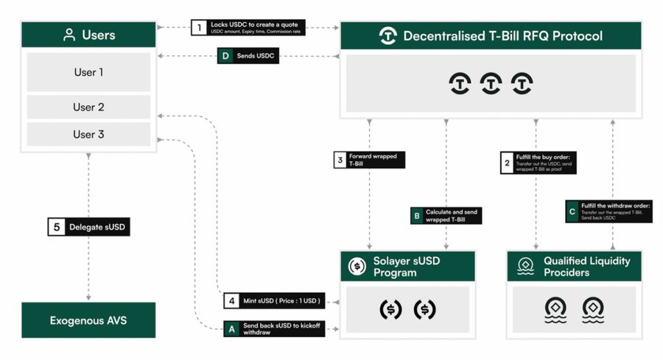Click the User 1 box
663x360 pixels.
(88, 72)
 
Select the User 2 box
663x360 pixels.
(88, 107)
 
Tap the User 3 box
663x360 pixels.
(88, 134)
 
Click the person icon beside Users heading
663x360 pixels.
(69, 35)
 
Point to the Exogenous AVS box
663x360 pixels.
(88, 320)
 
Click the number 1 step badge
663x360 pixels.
(198, 28)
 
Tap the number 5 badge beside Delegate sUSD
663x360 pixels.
(56, 227)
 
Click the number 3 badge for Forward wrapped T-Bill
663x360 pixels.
(340, 160)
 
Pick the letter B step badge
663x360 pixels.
(416, 216)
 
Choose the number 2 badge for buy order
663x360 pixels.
(506, 162)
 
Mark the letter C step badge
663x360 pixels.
(572, 211)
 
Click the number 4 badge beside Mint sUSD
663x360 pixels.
(231, 300)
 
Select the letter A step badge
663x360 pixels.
(231, 329)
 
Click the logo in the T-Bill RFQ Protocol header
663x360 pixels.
(387, 35)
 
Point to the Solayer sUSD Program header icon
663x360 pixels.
(357, 266)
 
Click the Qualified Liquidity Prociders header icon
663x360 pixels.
(525, 266)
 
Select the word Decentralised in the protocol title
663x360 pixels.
(443, 35)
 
